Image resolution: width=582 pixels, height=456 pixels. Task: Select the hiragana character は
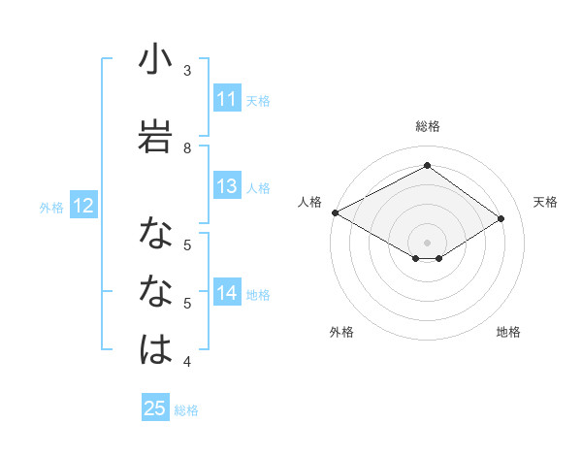click(155, 349)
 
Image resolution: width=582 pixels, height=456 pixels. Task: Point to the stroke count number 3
click(187, 71)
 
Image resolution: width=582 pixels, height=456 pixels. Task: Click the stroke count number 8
click(187, 147)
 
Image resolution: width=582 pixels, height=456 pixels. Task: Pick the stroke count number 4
click(187, 363)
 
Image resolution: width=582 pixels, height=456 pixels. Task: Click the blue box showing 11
click(227, 99)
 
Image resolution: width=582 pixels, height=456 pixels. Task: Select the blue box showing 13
click(227, 187)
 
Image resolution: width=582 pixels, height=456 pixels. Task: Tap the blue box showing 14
click(227, 294)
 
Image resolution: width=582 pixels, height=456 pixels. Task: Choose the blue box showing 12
click(82, 206)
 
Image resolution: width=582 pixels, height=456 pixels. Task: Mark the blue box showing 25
click(154, 408)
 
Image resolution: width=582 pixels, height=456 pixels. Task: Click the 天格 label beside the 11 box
click(258, 100)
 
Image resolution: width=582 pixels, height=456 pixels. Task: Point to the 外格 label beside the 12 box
click(51, 207)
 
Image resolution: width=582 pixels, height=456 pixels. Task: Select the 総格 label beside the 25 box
click(186, 409)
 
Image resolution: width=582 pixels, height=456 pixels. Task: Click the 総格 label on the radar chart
click(427, 126)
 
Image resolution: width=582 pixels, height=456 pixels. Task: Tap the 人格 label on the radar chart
click(309, 202)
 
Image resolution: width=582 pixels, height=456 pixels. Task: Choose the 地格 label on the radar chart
click(508, 333)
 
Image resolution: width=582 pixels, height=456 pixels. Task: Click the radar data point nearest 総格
click(427, 166)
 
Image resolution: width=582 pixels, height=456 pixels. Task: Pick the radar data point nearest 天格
click(501, 219)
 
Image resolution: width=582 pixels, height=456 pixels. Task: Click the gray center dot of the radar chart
click(427, 242)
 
